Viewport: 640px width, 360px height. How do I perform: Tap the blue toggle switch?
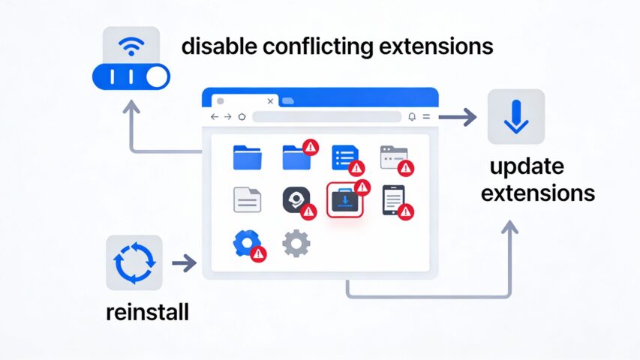[131, 76]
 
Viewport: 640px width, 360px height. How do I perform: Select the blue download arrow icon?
[516, 116]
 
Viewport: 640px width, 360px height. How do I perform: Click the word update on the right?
[526, 166]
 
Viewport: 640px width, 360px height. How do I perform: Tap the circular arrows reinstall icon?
[134, 262]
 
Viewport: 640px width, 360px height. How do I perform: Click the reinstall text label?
[147, 311]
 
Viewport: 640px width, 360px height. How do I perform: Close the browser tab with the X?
[270, 100]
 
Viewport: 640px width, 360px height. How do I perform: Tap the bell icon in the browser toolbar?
[411, 117]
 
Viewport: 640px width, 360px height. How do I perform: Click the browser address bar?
[326, 117]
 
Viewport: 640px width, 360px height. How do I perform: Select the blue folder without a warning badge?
[247, 157]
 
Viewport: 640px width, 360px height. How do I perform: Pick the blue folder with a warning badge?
[297, 157]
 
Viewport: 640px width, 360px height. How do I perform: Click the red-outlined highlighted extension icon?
[345, 199]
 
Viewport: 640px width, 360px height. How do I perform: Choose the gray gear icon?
[296, 244]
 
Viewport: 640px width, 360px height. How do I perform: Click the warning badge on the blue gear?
[259, 253]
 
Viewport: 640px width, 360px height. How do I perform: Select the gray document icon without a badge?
[247, 199]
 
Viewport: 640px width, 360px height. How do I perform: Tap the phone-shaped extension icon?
[393, 199]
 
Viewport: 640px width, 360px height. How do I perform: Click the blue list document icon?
[345, 157]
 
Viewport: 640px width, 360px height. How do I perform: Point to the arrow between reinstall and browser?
[184, 262]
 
